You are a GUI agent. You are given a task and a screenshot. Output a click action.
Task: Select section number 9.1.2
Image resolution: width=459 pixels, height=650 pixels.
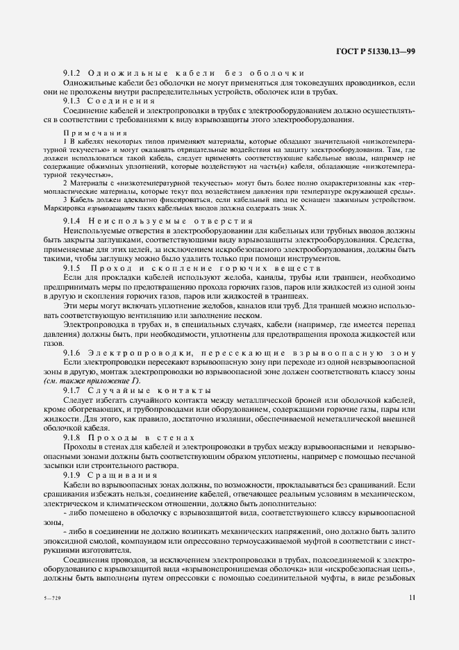tap(73, 74)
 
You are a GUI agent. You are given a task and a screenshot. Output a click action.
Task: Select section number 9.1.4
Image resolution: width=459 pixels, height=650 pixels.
tap(73, 219)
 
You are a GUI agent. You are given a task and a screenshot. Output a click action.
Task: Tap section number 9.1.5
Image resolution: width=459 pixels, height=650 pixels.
tap(73, 267)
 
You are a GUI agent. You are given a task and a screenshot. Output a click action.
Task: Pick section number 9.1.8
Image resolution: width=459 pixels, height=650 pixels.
tap(73, 438)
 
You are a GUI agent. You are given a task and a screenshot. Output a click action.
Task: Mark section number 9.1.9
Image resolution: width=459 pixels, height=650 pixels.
tap(73, 474)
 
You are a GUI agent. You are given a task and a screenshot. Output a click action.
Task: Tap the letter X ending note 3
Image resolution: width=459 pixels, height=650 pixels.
tap(313, 208)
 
